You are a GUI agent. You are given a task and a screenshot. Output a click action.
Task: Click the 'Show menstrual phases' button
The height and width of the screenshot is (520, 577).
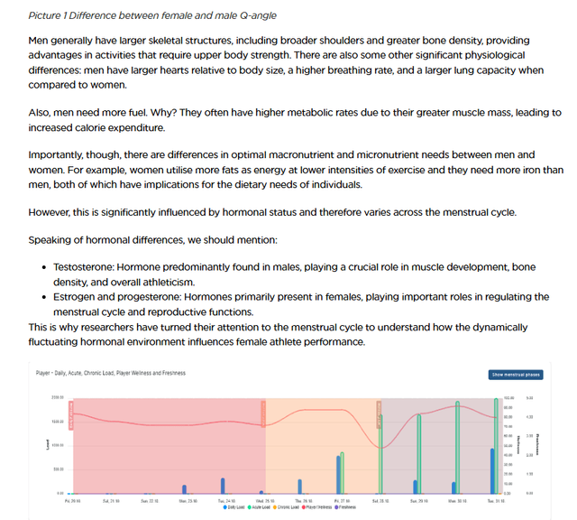pos(516,374)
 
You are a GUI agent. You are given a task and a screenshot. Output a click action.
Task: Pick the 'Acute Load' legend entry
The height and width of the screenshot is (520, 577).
pos(260,507)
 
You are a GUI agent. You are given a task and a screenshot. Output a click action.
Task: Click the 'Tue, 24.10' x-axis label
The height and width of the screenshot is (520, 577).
pos(226,499)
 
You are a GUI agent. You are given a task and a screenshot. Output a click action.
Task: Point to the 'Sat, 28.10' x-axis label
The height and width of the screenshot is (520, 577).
pos(380,499)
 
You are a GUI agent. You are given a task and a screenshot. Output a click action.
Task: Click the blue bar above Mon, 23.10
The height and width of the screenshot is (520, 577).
pos(185,489)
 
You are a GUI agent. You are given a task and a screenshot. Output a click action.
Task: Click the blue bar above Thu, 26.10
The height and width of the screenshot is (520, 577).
pos(300,489)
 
